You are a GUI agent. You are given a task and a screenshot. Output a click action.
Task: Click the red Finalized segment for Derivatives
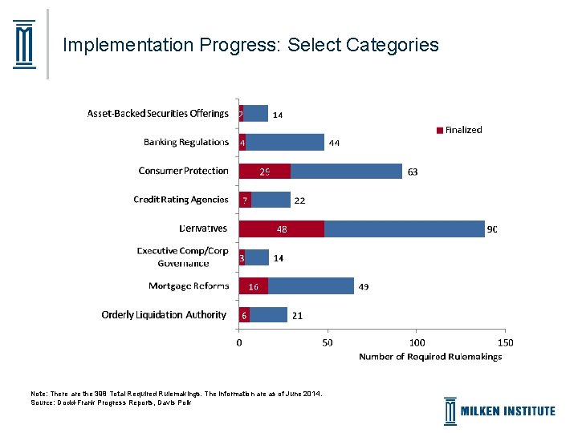(x=282, y=229)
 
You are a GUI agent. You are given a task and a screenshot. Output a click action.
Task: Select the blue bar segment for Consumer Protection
(x=346, y=171)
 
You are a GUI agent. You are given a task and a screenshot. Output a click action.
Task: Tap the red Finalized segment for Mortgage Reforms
(x=254, y=286)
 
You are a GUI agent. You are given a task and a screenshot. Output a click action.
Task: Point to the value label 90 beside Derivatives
(x=492, y=229)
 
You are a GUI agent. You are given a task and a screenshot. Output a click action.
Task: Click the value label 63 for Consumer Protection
(x=413, y=172)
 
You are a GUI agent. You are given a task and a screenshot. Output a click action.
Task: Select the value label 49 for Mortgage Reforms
(x=364, y=287)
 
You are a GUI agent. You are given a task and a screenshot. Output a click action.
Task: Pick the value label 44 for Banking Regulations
(x=335, y=144)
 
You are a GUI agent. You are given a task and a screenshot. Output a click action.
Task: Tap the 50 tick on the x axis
(x=328, y=342)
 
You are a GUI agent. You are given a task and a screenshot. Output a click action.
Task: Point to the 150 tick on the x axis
(x=505, y=342)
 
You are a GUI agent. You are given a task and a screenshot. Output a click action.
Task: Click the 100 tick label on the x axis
(x=416, y=342)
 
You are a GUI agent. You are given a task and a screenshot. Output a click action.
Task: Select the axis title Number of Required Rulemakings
(x=430, y=357)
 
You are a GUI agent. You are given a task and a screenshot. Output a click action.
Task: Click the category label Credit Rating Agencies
(x=181, y=200)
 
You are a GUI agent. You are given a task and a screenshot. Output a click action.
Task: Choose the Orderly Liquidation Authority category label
(x=164, y=315)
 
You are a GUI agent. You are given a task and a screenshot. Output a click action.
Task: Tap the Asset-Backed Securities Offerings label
(x=158, y=114)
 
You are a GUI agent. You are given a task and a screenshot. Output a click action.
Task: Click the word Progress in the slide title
(x=241, y=45)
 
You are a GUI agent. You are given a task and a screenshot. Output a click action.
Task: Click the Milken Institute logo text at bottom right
(x=507, y=411)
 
